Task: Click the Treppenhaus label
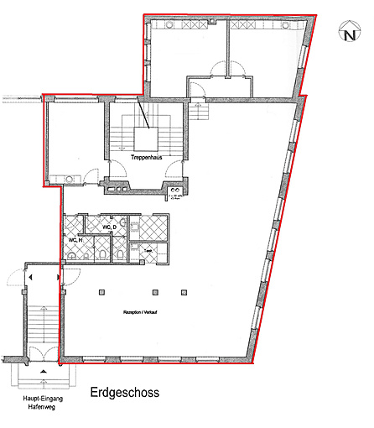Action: click(x=146, y=156)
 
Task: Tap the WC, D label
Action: click(x=109, y=227)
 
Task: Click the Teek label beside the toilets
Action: click(x=148, y=250)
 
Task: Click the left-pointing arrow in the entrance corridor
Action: click(x=30, y=276)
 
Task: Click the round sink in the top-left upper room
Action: click(x=169, y=26)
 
